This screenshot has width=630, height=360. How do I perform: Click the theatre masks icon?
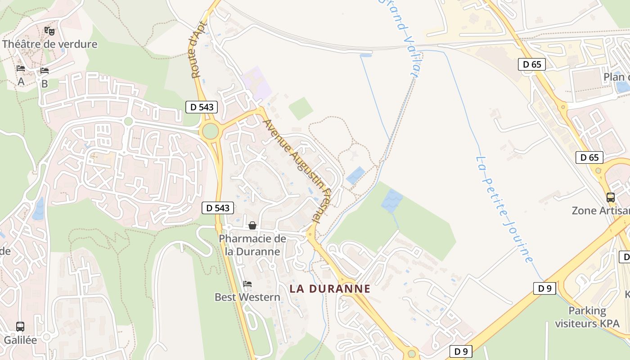click(49, 31)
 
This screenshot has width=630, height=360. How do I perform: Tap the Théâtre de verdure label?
click(49, 44)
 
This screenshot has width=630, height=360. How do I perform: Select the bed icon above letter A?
click(21, 68)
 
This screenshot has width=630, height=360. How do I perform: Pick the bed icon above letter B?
click(44, 70)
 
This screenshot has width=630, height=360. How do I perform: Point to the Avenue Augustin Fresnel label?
click(297, 171)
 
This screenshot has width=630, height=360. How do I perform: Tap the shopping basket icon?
click(252, 225)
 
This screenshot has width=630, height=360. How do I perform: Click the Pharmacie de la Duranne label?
click(252, 245)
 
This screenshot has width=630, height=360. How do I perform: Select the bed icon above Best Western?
click(247, 284)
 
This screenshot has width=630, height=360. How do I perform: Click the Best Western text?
click(247, 297)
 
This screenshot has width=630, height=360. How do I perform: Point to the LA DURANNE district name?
click(330, 289)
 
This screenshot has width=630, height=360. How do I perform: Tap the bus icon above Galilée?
click(20, 326)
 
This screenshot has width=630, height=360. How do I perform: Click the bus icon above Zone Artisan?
click(610, 197)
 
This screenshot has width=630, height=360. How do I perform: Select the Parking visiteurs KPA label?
click(587, 317)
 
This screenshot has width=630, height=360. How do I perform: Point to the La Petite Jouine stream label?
click(504, 209)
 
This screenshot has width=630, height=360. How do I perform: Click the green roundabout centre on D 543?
click(210, 131)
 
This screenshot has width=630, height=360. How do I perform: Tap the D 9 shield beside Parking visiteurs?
click(544, 288)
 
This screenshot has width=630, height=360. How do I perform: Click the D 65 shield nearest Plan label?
click(532, 64)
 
